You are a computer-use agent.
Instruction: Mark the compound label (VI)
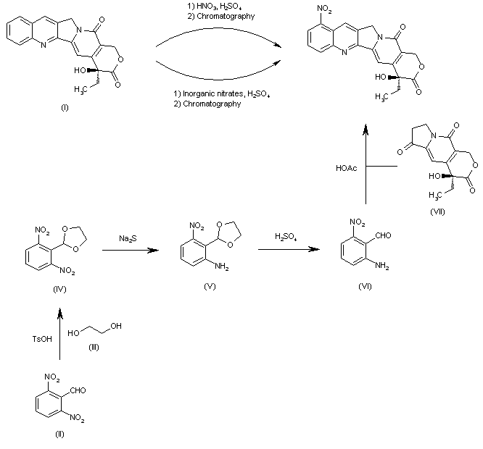click(x=366, y=288)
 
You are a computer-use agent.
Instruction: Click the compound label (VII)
click(x=436, y=211)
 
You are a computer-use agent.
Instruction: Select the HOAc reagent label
click(x=346, y=168)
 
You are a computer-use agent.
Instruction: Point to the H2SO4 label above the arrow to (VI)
click(x=286, y=237)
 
